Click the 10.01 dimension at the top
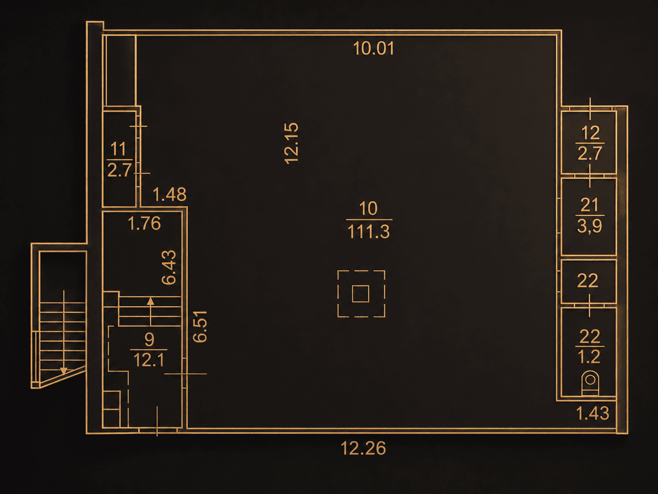coord(374,48)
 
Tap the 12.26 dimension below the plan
coord(364,449)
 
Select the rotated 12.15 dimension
coord(291,143)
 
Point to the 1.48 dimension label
coord(169,194)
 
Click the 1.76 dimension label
coord(144,223)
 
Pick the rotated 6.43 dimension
coord(169,267)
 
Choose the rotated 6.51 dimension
coord(200,326)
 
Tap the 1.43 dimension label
coord(593,413)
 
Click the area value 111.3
coord(369,232)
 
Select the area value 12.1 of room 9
coord(149,360)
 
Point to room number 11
coord(118,149)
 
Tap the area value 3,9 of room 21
coord(589,226)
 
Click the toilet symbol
coord(590,383)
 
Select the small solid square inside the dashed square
coord(360,294)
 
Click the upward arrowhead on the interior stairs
coord(150,301)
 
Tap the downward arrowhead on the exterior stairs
coord(64,371)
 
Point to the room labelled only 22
coord(588,281)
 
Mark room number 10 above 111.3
coord(368,208)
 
